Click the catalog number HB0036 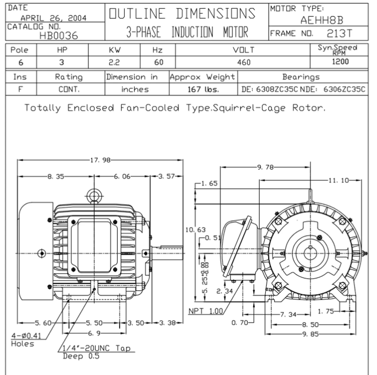59,36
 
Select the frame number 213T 339,34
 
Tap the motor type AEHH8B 322,20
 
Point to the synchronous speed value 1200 340,62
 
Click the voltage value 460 244,62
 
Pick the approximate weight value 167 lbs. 203,89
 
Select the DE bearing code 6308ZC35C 277,89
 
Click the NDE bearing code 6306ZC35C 344,89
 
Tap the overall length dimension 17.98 100,160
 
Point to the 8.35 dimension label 56,176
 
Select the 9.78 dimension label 265,167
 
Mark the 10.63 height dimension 195,230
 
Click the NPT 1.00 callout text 206,311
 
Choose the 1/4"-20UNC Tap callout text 97,348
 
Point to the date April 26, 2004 53,18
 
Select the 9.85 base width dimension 310,334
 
